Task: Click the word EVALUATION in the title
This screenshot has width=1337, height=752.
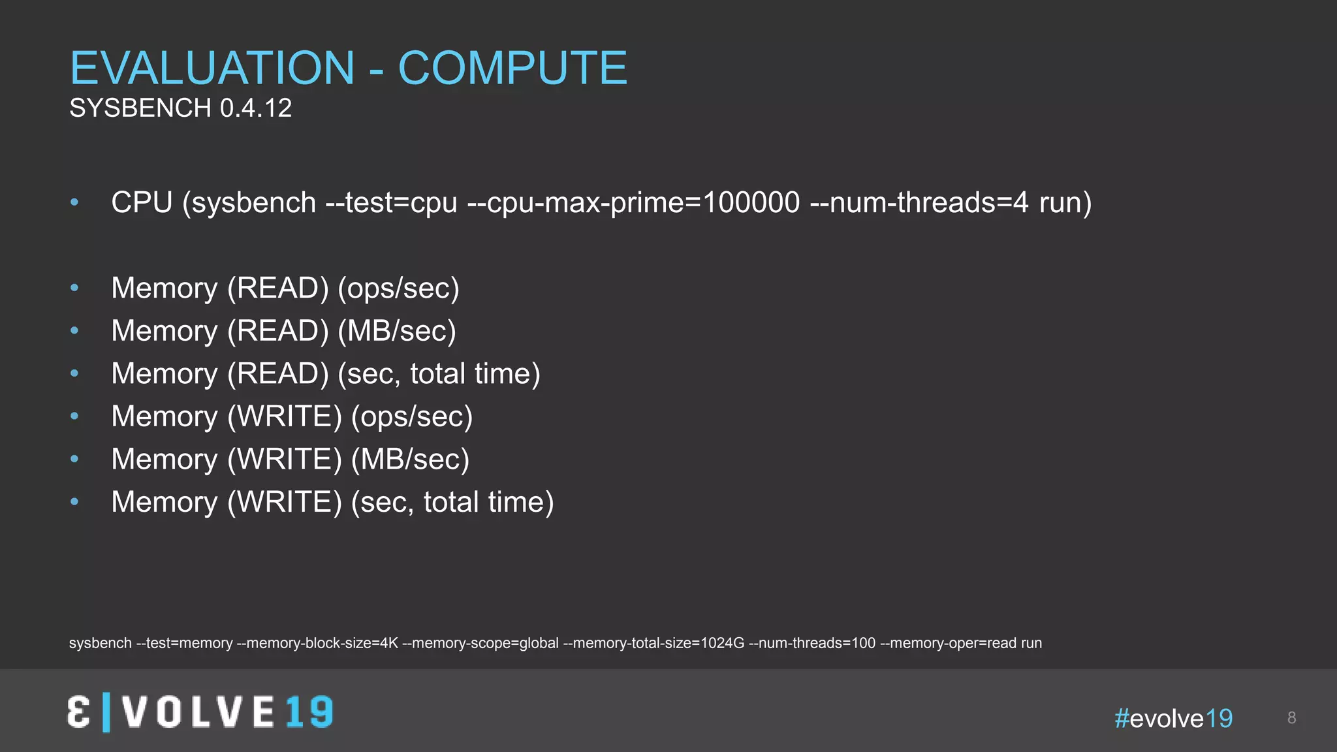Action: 212,68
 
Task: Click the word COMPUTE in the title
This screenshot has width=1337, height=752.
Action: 512,68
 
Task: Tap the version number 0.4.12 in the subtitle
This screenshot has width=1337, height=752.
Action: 256,108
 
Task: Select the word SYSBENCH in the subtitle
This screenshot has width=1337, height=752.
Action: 140,108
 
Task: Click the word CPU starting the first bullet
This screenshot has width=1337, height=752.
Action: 142,202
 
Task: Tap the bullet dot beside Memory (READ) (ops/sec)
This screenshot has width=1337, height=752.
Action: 74,288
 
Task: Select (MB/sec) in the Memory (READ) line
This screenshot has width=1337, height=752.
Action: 397,331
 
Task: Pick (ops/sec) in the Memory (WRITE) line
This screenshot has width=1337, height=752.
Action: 412,416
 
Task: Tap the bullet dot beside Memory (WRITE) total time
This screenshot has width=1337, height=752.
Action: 74,502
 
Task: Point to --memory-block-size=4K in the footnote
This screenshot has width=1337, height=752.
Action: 317,644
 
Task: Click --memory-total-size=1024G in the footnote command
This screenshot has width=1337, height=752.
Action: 653,644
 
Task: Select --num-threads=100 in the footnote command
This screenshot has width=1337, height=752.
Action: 812,644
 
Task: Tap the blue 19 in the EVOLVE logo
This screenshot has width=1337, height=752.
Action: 309,712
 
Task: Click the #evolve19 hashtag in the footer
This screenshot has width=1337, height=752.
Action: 1174,719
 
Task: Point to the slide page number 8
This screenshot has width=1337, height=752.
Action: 1291,718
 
